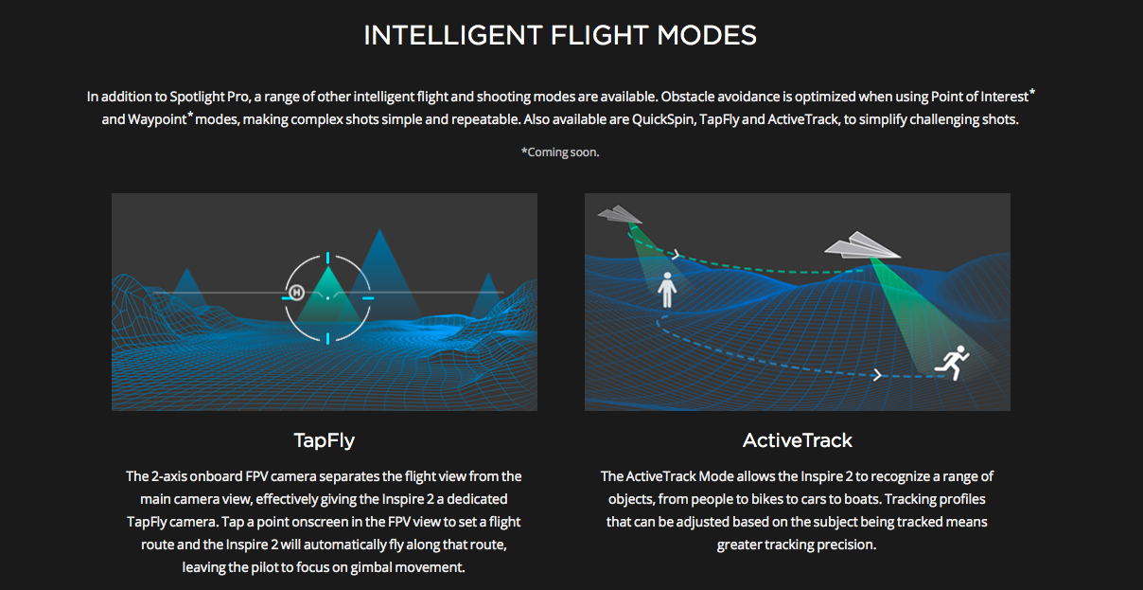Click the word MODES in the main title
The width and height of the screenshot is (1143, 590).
coord(707,36)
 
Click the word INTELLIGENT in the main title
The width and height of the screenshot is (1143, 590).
coord(452,36)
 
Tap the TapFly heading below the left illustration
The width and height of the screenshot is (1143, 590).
coord(324,440)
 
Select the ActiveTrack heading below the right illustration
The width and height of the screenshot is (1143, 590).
coord(797,440)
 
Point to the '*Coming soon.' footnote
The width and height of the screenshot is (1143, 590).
coord(560,152)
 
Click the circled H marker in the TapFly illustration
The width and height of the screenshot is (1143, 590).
coord(296,293)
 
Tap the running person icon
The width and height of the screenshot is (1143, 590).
coord(952,363)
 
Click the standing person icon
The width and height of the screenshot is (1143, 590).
coord(667,290)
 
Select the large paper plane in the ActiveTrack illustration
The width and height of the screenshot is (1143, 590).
coord(862,245)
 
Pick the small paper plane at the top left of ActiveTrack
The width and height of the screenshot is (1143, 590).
coord(620,215)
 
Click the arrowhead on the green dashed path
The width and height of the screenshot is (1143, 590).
coord(677,254)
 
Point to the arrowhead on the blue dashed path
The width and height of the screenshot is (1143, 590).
coord(877,375)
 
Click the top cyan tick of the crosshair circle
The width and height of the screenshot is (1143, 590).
coord(327,258)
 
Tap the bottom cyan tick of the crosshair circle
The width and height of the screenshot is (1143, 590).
coord(327,338)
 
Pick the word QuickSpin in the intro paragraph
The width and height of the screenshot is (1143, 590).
coord(663,119)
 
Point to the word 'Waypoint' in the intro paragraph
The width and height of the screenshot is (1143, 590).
coord(158,119)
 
